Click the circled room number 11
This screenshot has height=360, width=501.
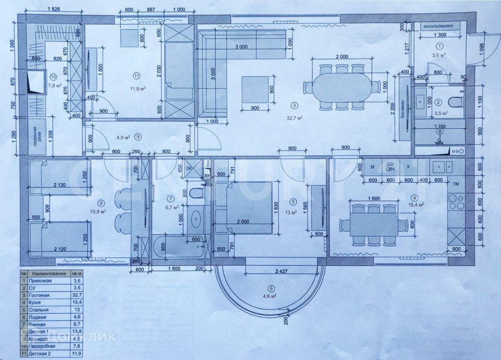(136, 76)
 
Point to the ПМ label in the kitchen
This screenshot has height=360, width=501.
(456, 184)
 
